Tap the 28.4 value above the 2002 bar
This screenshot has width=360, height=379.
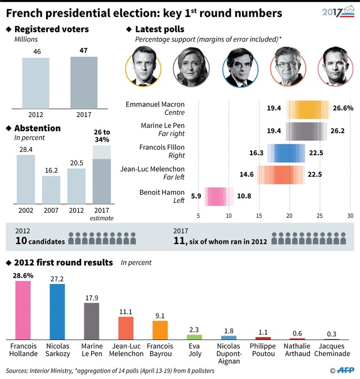pos(25,150)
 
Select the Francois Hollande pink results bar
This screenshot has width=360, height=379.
pos(23,309)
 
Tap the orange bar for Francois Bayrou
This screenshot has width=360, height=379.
pos(160,329)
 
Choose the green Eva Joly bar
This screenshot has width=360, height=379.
pos(194,336)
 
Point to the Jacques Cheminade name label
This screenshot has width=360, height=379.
pos(331,350)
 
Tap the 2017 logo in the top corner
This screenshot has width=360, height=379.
pos(336,12)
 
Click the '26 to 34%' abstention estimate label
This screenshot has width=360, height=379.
pos(101,135)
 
